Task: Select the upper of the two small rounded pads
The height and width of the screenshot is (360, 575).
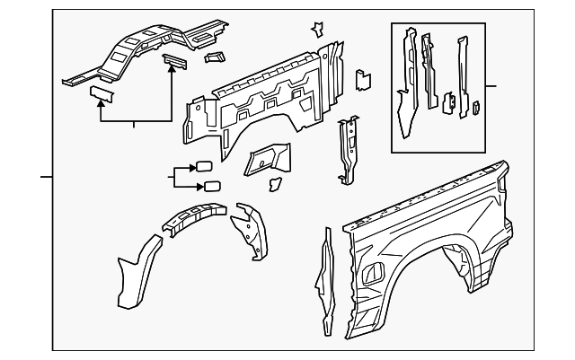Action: point(203,166)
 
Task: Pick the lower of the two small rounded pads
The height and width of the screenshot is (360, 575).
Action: point(214,187)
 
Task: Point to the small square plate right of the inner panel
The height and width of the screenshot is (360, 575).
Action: point(364,78)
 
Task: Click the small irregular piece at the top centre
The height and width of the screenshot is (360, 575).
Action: point(317,29)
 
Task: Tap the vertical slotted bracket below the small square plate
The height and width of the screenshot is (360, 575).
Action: point(347,148)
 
